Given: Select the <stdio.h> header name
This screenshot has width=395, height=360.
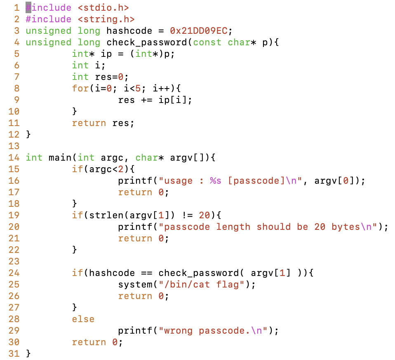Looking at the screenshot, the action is coord(103,8).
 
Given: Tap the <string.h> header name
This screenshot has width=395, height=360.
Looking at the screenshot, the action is coord(106,19).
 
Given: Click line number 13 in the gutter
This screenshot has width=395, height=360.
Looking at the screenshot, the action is coord(14,146).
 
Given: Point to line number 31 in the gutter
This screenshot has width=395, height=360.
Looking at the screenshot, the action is coord(14,353).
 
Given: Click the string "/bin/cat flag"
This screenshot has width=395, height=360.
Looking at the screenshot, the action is coord(198,285).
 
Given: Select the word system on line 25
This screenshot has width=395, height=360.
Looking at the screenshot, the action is coord(135,285).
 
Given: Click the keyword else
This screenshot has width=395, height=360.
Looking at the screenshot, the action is coord(83,319).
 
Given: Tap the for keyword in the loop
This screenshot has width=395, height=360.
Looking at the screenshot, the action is coord(80,89).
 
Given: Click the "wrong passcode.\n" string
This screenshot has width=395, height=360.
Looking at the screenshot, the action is coord(216,331).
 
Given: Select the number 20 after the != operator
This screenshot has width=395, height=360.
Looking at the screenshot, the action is coord(204,215).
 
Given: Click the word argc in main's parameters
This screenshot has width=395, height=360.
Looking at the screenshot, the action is coord(109,158).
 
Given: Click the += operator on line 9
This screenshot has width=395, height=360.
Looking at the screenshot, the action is coord(146,100).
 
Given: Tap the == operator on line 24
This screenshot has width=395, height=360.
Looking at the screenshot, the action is coord(146,273).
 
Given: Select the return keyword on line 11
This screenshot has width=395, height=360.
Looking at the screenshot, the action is coord(89,123).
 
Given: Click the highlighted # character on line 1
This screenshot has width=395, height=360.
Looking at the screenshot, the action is coord(28,8).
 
